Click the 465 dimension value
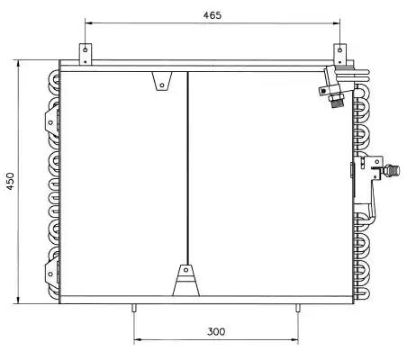[x=213, y=15]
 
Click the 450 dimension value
[x=11, y=181]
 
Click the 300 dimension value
[x=216, y=331]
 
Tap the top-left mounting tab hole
[x=86, y=49]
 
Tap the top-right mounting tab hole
[x=339, y=49]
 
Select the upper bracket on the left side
[x=51, y=121]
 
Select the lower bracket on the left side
[x=51, y=273]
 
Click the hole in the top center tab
[x=162, y=85]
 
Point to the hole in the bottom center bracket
[x=185, y=270]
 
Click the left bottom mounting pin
[x=134, y=308]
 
